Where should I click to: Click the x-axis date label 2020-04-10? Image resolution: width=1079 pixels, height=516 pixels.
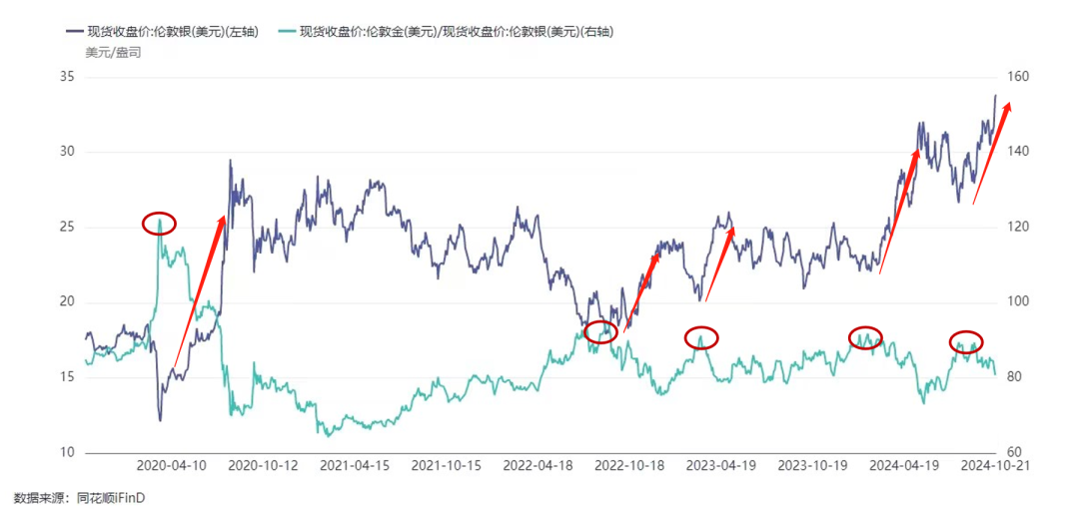click(x=170, y=466)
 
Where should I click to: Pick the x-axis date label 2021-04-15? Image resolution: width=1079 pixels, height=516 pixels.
click(x=355, y=466)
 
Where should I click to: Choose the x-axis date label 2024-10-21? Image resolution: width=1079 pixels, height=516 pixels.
click(x=990, y=466)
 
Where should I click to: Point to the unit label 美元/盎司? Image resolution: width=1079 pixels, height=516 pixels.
click(x=113, y=52)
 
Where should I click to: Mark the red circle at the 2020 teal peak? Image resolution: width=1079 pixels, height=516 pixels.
click(x=159, y=224)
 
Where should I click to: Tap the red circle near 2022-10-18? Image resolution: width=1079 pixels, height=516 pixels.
click(x=600, y=332)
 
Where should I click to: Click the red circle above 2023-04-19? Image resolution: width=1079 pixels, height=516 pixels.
click(x=701, y=337)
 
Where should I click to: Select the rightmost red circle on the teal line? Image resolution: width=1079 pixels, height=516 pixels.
click(x=965, y=341)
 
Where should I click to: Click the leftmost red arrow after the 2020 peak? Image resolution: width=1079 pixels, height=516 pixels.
click(x=200, y=289)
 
